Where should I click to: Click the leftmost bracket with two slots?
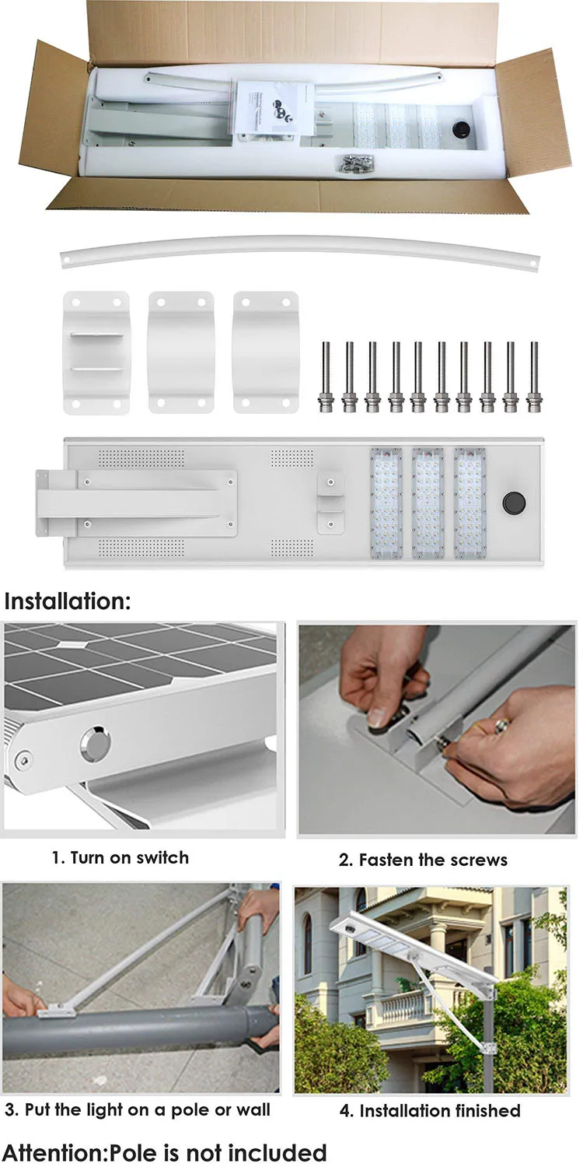click(x=96, y=352)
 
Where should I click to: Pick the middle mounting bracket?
click(x=181, y=352)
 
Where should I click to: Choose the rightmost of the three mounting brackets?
click(x=266, y=352)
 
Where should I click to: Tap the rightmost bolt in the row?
click(x=533, y=377)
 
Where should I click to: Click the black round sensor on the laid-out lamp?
click(x=513, y=503)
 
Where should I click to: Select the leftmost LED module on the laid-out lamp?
click(x=386, y=503)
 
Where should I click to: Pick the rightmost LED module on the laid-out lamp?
click(x=470, y=503)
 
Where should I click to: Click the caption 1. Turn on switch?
click(x=120, y=857)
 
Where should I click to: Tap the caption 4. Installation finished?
click(x=429, y=1110)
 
